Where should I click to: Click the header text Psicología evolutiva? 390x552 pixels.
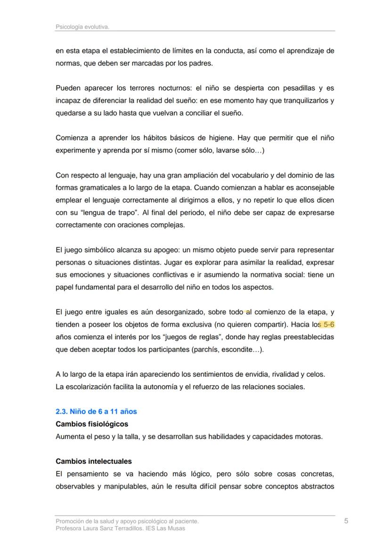(x=82, y=27)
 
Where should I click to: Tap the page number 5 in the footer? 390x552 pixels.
(x=346, y=521)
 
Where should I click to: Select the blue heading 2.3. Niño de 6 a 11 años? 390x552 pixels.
(x=96, y=412)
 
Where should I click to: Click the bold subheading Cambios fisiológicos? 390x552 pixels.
(x=92, y=424)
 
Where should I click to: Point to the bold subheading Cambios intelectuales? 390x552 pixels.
(x=94, y=461)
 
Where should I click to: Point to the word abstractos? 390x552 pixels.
(x=316, y=486)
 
